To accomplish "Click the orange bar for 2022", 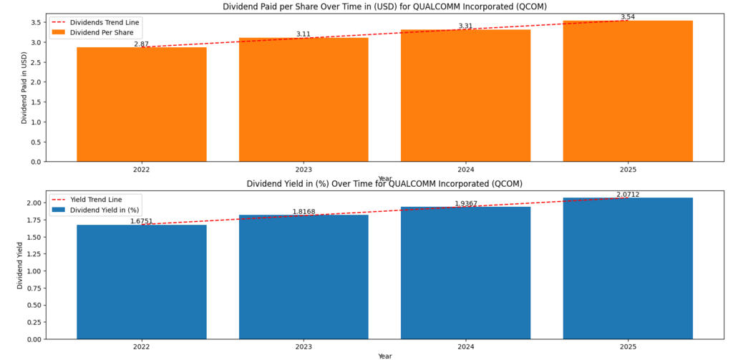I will pos(142,104).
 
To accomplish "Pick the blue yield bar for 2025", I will pos(628,268).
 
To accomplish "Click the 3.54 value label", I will pos(627,16).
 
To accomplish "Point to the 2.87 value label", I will pos(141,44).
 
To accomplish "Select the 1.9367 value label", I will pos(465,204).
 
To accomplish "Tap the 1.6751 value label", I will pos(141,221).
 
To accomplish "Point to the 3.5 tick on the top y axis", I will pos(35,22).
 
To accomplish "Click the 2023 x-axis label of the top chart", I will pos(304,170).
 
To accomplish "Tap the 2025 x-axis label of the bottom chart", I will pos(628,347).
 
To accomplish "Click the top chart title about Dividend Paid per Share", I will pos(384,7).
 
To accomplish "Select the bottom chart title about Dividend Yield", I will pos(384,184).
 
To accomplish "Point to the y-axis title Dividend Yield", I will pos(21,266).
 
